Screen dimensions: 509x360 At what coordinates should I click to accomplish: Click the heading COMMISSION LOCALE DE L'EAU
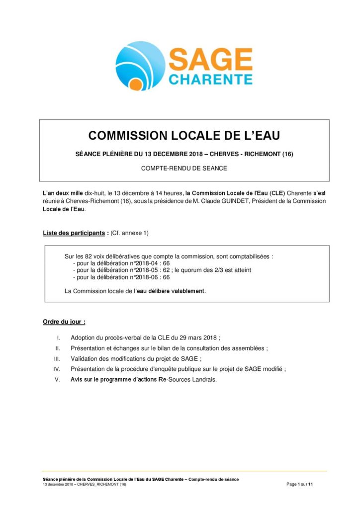184,135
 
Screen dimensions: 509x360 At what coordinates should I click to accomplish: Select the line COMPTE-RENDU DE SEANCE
184,168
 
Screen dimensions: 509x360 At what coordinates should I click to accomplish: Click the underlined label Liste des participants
73,233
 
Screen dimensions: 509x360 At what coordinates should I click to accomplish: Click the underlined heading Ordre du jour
64,322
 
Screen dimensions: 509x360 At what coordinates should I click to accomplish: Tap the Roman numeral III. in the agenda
57,358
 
